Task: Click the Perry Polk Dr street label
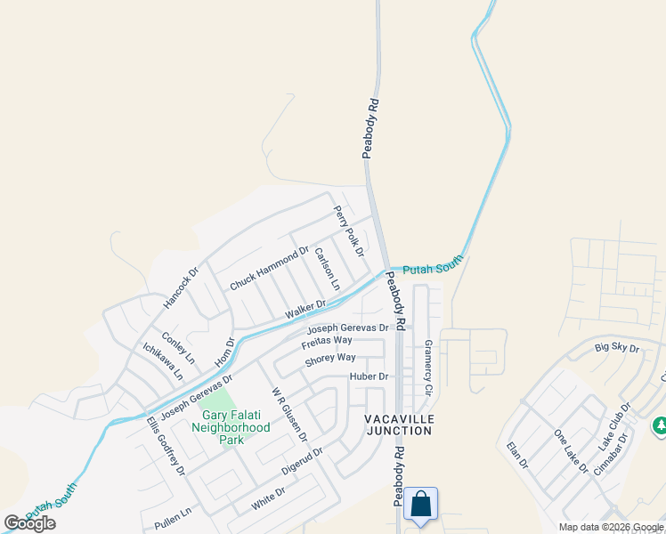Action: (x=349, y=231)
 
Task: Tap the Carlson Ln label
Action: (x=327, y=269)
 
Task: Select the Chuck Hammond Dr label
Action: (x=269, y=268)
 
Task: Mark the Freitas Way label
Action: (x=327, y=341)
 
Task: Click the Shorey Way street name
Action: (x=329, y=358)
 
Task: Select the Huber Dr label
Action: (x=369, y=376)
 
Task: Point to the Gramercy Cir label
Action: (x=427, y=368)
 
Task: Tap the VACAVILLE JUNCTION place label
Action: (x=398, y=424)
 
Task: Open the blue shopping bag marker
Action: (x=419, y=503)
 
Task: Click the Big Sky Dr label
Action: (x=616, y=347)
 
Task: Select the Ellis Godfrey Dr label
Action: (x=166, y=446)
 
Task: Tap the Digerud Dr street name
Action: (x=303, y=459)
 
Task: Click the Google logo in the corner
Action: (x=30, y=523)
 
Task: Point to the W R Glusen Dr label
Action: (x=288, y=414)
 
